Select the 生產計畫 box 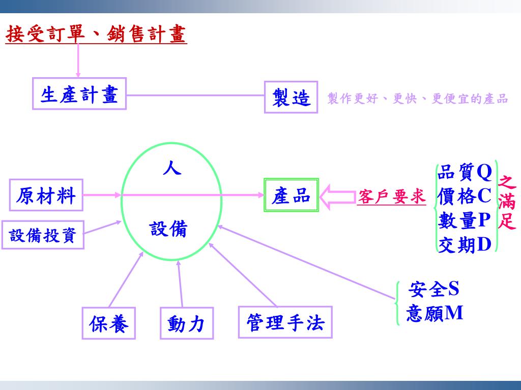coord(79,94)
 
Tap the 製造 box coord(291,97)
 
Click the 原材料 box coord(46,195)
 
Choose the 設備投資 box coord(43,235)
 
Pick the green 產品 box coord(291,195)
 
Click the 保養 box coord(109,323)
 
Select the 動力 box coord(186,323)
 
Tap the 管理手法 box coord(285,322)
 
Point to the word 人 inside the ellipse coord(172,168)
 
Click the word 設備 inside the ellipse coord(168,229)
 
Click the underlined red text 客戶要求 coord(391,198)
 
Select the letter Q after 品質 coord(484,173)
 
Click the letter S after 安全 coord(453,289)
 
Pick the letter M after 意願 coord(454,313)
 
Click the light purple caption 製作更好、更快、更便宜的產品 coord(417,99)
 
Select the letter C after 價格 coord(484,196)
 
